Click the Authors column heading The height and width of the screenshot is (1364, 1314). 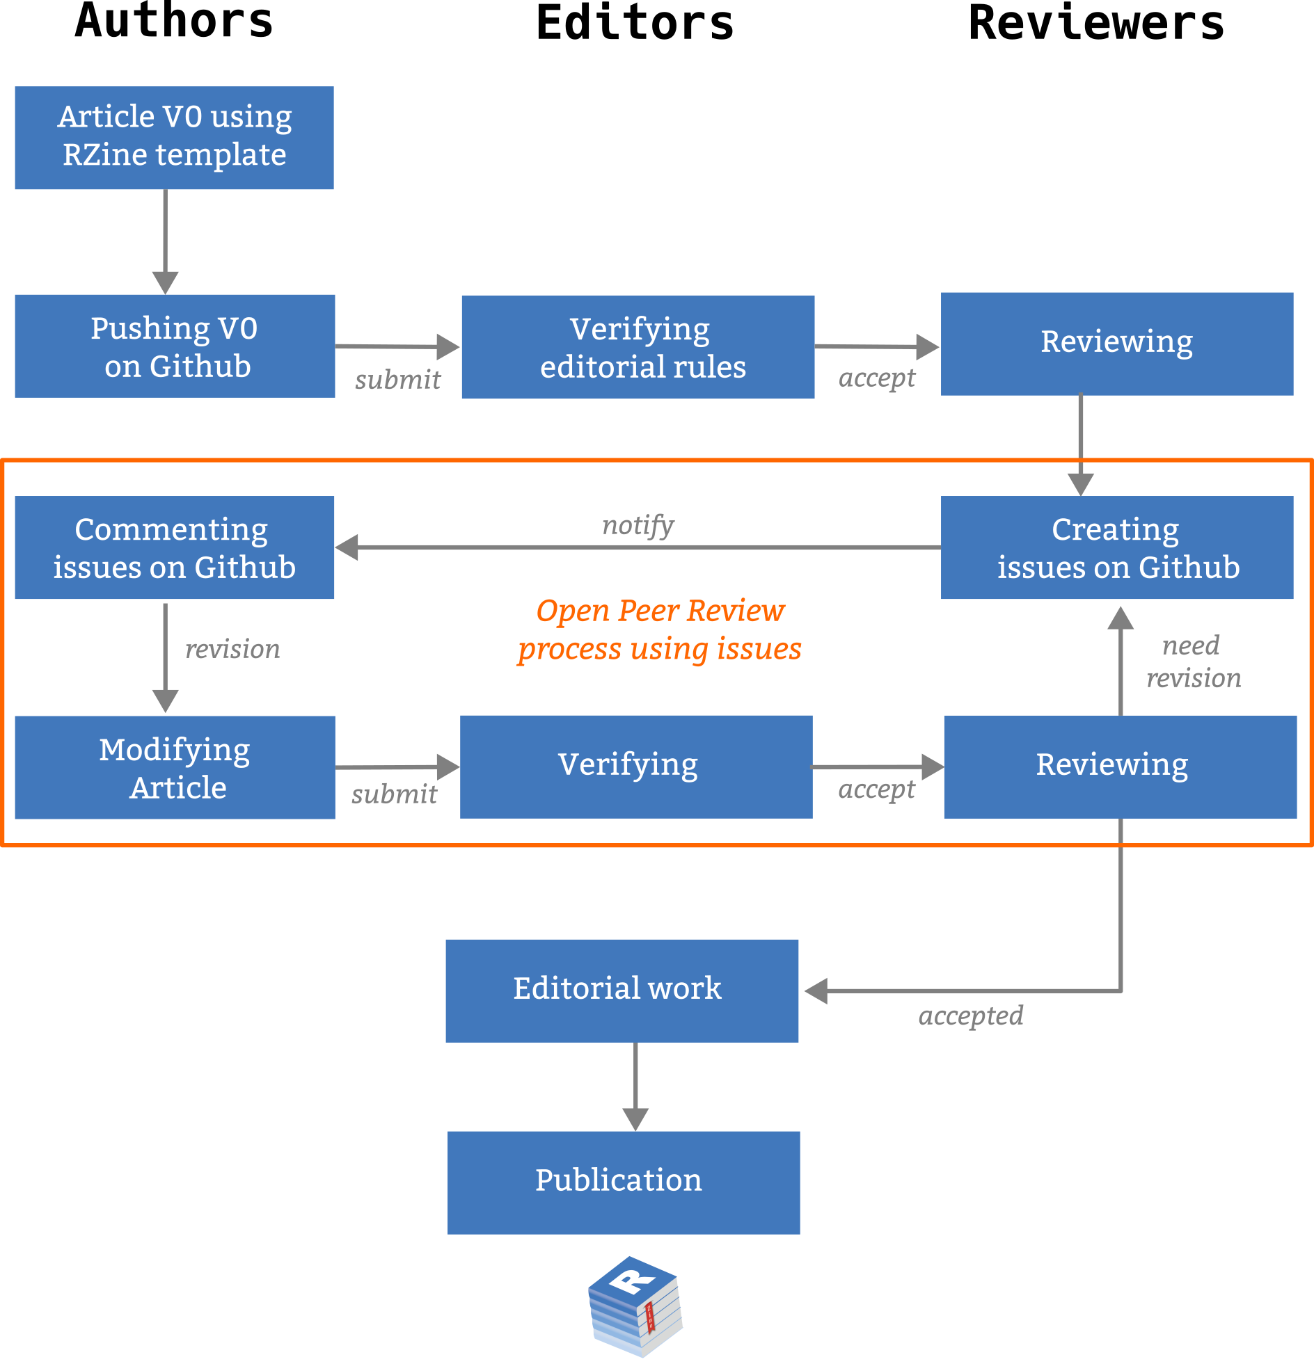(174, 22)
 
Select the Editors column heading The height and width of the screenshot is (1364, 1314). (634, 24)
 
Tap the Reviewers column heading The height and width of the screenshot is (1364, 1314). (1095, 24)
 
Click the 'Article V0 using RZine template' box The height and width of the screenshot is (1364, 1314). (174, 138)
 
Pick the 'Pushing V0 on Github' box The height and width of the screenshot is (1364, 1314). (175, 346)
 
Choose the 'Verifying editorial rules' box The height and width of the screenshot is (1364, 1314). (638, 346)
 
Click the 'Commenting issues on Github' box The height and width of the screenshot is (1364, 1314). (175, 547)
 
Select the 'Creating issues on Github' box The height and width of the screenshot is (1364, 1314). (1117, 547)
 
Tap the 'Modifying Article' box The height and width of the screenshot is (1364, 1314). (175, 768)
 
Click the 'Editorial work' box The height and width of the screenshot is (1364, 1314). (622, 990)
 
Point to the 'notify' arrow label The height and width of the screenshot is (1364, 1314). (638, 525)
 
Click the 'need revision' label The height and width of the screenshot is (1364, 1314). (1193, 661)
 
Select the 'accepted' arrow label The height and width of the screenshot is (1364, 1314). (971, 1016)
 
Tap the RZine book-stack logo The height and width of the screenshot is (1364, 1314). (635, 1306)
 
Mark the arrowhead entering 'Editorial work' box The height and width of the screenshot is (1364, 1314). (816, 991)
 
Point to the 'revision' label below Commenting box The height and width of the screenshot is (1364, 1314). (232, 649)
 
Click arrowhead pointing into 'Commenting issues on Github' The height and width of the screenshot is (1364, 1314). (347, 547)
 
